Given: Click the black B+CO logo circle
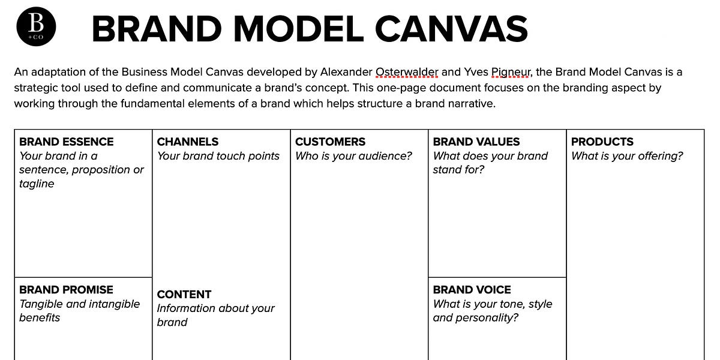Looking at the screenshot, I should [x=37, y=28].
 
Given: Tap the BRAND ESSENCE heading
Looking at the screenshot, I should [x=67, y=142].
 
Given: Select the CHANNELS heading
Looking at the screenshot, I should [x=188, y=142].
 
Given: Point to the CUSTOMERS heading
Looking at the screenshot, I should [x=330, y=142].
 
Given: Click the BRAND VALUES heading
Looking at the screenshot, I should [x=476, y=142].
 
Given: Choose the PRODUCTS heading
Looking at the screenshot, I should [x=602, y=142].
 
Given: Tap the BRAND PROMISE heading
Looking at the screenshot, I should [x=66, y=289].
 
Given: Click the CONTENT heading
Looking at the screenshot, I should [x=184, y=294].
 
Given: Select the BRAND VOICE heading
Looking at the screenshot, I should [x=472, y=289].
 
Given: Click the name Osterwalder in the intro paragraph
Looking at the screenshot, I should [x=406, y=72].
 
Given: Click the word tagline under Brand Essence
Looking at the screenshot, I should [x=37, y=184].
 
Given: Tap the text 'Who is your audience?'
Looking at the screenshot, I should [x=353, y=156].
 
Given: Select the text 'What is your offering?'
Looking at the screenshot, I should [x=627, y=156].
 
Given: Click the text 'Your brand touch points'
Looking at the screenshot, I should [x=218, y=156].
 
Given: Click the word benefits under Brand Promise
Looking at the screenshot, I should [x=40, y=318].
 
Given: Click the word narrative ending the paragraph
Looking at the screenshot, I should [x=472, y=103].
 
